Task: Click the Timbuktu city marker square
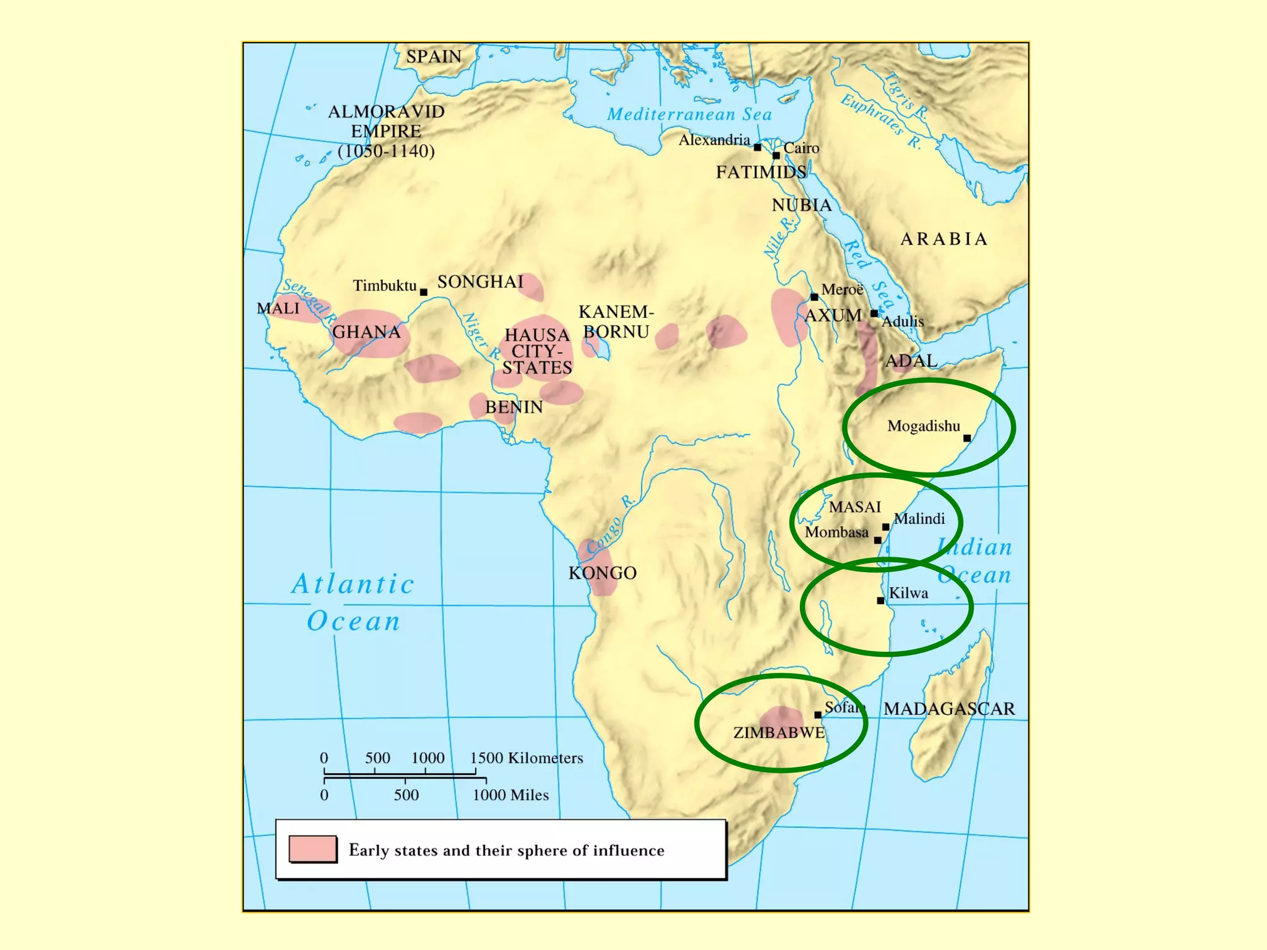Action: [424, 292]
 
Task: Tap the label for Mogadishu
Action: [923, 426]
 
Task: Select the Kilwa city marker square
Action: [880, 601]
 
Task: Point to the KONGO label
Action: [602, 573]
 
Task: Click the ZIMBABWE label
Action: [779, 733]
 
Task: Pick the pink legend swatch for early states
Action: [313, 849]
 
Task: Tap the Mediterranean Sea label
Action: [689, 114]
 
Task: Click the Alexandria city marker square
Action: [757, 147]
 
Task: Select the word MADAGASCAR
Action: [949, 709]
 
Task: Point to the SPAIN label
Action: [434, 57]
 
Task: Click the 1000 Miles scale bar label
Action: [510, 795]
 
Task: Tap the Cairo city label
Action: [801, 148]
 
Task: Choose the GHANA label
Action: [366, 332]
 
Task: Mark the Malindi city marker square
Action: [886, 527]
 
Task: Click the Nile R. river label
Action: [779, 237]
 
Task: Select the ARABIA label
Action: [943, 239]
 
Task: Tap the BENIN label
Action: [513, 407]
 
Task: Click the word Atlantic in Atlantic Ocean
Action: [353, 584]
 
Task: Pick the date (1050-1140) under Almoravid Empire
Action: [386, 152]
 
